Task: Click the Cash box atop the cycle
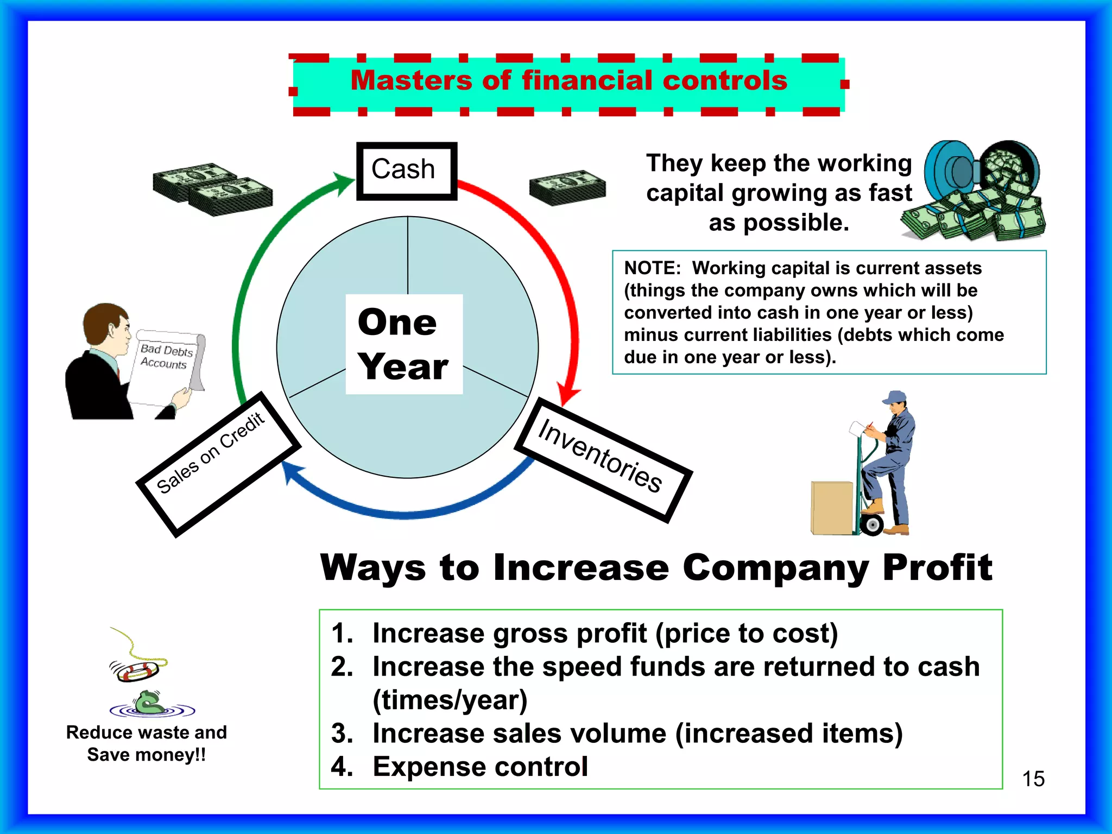click(406, 170)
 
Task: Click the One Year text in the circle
click(403, 344)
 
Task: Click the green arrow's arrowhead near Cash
click(345, 182)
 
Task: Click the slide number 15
click(1033, 779)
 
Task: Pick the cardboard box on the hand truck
click(831, 508)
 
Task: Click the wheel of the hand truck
click(872, 525)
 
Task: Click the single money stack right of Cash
click(567, 187)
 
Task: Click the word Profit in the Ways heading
click(937, 568)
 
